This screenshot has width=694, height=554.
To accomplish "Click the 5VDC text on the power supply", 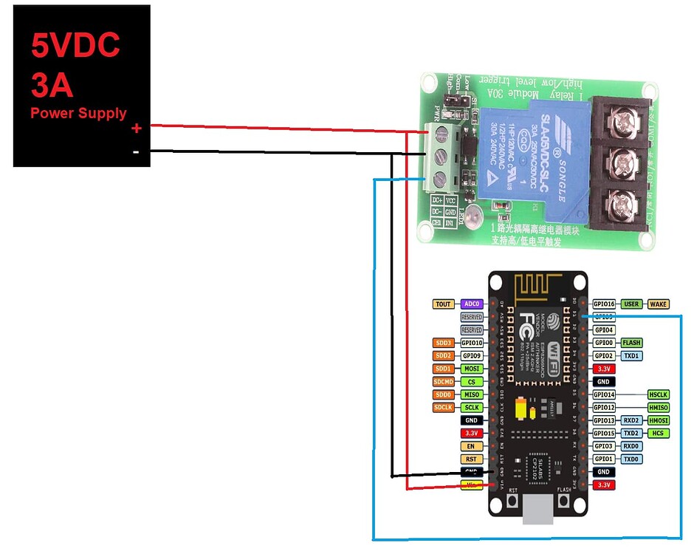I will [75, 46].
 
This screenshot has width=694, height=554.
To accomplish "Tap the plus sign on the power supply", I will [136, 129].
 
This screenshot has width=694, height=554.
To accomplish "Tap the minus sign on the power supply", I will [136, 152].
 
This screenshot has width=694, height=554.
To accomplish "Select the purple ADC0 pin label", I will [471, 304].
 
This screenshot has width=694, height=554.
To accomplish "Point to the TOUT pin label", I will [443, 304].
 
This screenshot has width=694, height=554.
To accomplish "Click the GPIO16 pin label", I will [604, 304].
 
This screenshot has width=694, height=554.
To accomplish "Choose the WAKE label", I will [658, 304].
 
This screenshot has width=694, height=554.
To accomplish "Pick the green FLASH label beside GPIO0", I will [631, 343].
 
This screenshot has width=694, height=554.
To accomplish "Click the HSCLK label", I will [658, 394].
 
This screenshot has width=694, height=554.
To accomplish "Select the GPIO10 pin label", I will [471, 343].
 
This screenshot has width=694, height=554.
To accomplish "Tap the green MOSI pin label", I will [471, 369].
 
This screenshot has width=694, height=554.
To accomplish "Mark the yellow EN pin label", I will [471, 446].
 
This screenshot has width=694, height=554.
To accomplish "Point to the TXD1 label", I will [631, 355].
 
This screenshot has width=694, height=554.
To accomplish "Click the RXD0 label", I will [631, 446].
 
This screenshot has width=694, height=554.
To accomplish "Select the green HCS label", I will [658, 433].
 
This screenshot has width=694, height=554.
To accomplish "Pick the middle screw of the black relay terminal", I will [621, 161].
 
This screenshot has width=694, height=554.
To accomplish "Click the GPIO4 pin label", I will [604, 329].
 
